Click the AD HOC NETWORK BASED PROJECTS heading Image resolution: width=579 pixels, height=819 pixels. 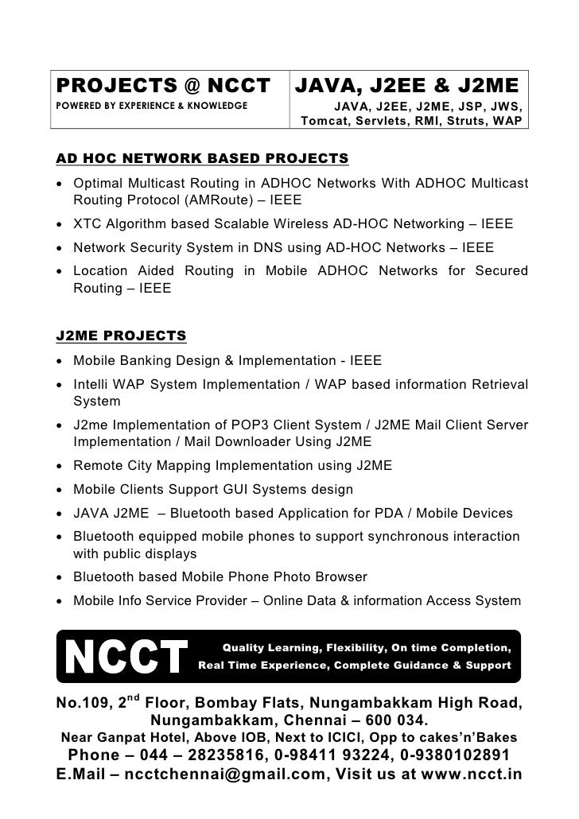202,158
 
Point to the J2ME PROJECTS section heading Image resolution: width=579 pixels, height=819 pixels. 122,335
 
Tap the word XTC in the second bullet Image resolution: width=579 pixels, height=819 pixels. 87,224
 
